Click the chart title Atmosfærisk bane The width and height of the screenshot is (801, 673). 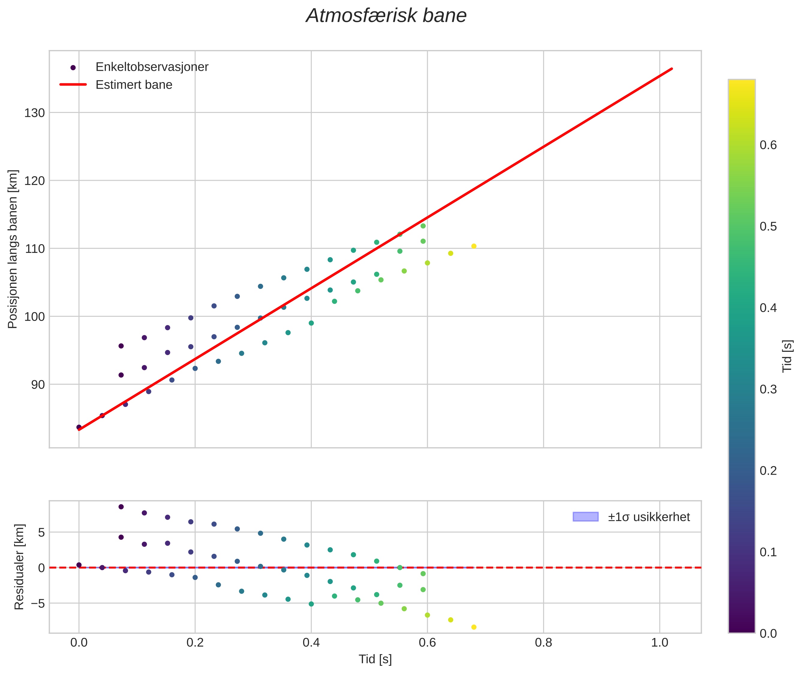tap(386, 16)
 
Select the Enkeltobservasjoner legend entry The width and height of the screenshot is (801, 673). tap(151, 67)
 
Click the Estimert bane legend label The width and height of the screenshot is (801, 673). tap(134, 85)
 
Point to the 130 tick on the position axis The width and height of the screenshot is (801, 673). tap(35, 113)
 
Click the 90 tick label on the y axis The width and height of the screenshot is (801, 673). tap(38, 384)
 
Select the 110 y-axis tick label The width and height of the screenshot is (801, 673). tap(35, 249)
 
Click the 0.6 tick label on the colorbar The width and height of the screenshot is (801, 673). tap(768, 145)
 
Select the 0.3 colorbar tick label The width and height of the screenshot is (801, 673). tap(768, 390)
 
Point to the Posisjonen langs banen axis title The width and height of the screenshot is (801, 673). tap(13, 249)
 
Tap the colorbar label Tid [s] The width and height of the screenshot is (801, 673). tap(787, 356)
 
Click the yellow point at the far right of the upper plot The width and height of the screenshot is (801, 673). tap(474, 246)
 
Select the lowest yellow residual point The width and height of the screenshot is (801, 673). tap(474, 627)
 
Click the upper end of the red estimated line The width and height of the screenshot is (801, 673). tap(671, 69)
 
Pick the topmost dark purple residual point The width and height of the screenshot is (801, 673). tap(121, 507)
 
